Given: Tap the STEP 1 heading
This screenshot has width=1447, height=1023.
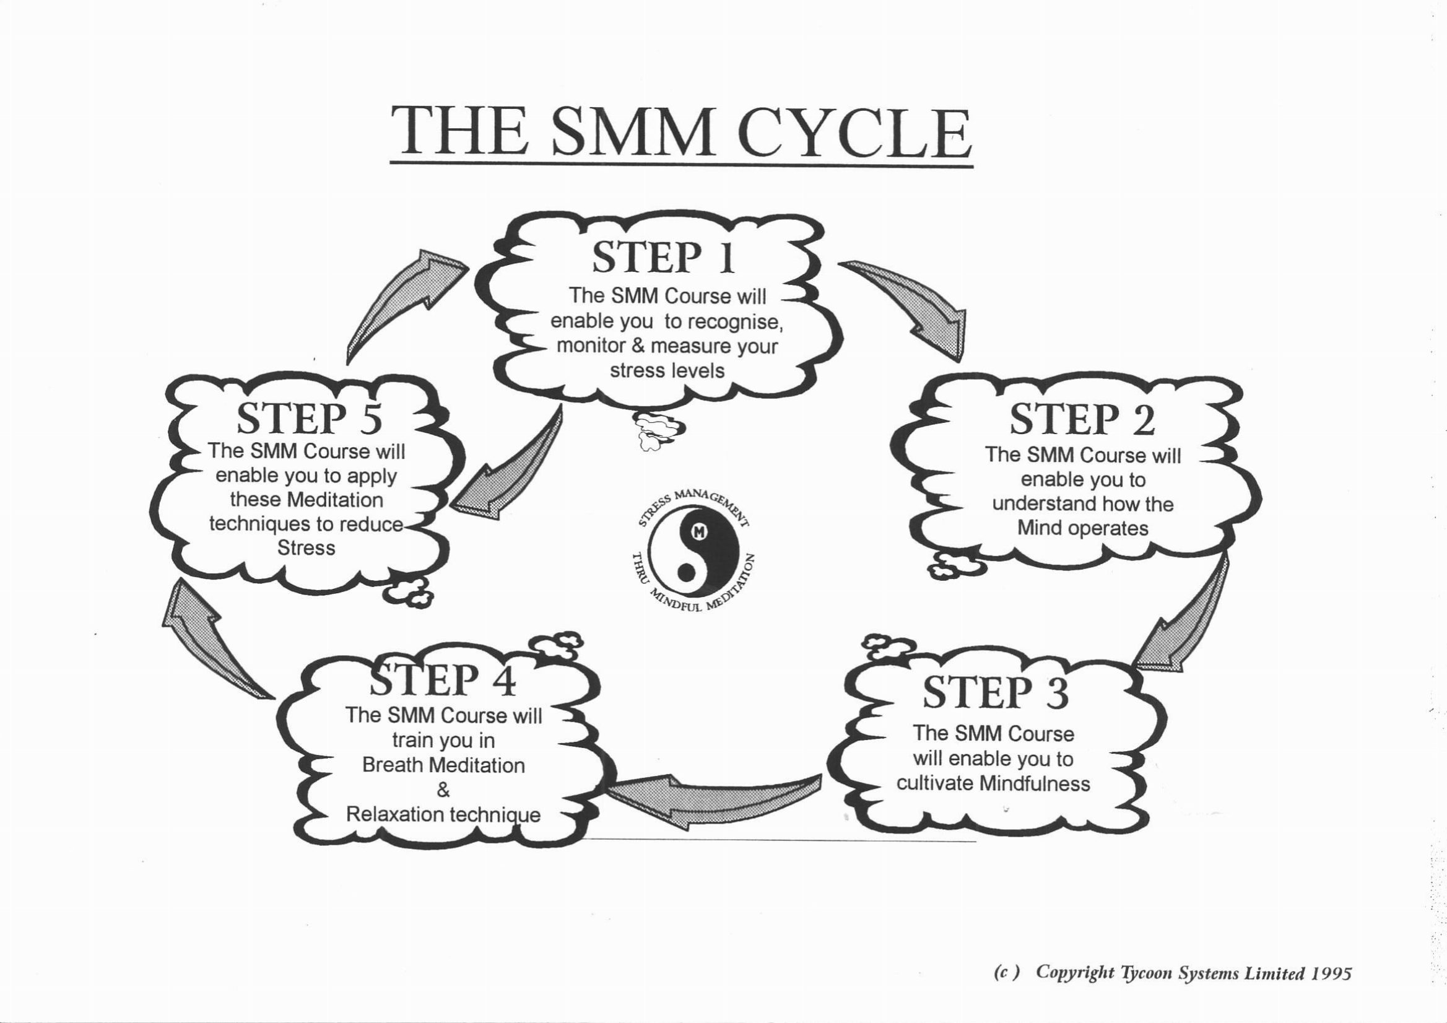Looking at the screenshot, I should (x=663, y=258).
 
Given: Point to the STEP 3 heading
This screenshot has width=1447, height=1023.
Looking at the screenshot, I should (x=996, y=692).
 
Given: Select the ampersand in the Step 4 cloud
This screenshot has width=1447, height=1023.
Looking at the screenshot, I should (x=443, y=790).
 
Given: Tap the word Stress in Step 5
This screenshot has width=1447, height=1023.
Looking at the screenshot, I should (x=306, y=548).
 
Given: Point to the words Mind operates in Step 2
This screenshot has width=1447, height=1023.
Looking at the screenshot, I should (x=1083, y=528).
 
